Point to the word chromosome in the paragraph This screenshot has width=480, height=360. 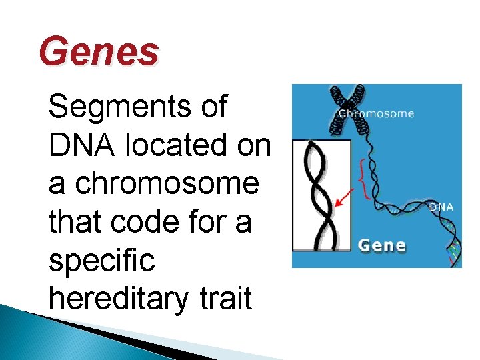pos(167,183)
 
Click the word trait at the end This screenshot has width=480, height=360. pos(225,298)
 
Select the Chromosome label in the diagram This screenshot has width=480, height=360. pos(376,113)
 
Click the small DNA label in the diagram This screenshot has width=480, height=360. pos(441,207)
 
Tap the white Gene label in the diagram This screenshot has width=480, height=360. pos(382,245)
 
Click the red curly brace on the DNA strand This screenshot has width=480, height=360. pos(363,177)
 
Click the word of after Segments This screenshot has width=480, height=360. pos(213,107)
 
